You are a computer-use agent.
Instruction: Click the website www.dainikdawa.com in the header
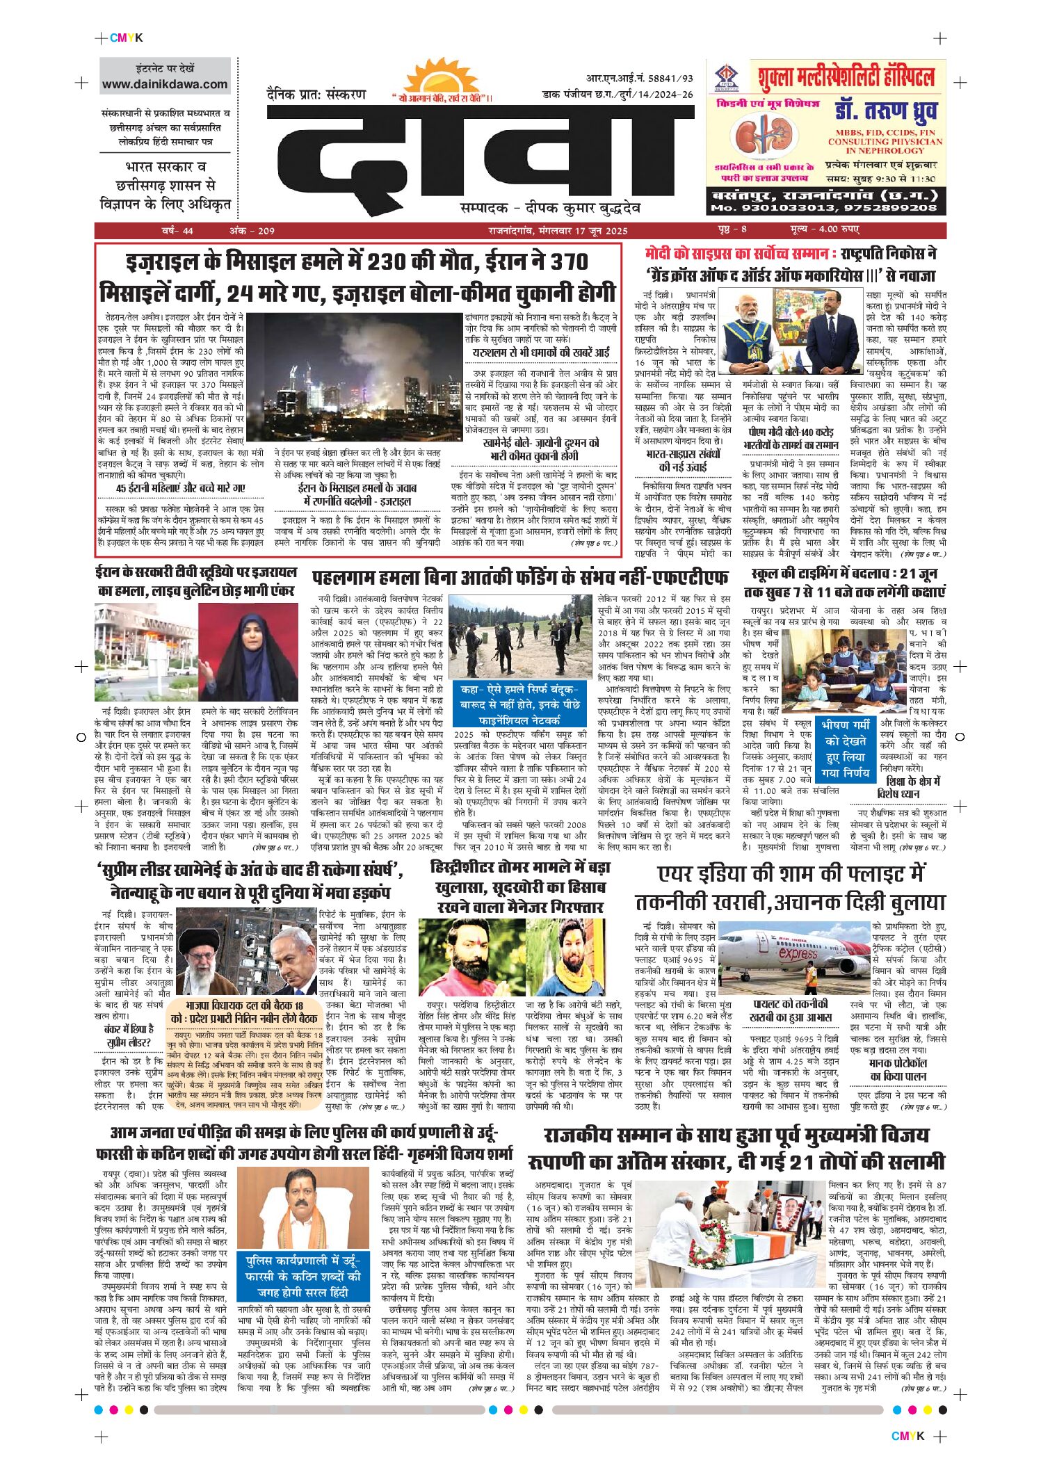pos(165,85)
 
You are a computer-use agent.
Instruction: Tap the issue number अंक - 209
pos(252,231)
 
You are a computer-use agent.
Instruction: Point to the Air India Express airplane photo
pos(794,957)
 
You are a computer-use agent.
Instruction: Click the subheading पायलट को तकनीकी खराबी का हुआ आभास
pos(791,1010)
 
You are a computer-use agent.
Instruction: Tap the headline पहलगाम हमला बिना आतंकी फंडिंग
pos(519,577)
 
